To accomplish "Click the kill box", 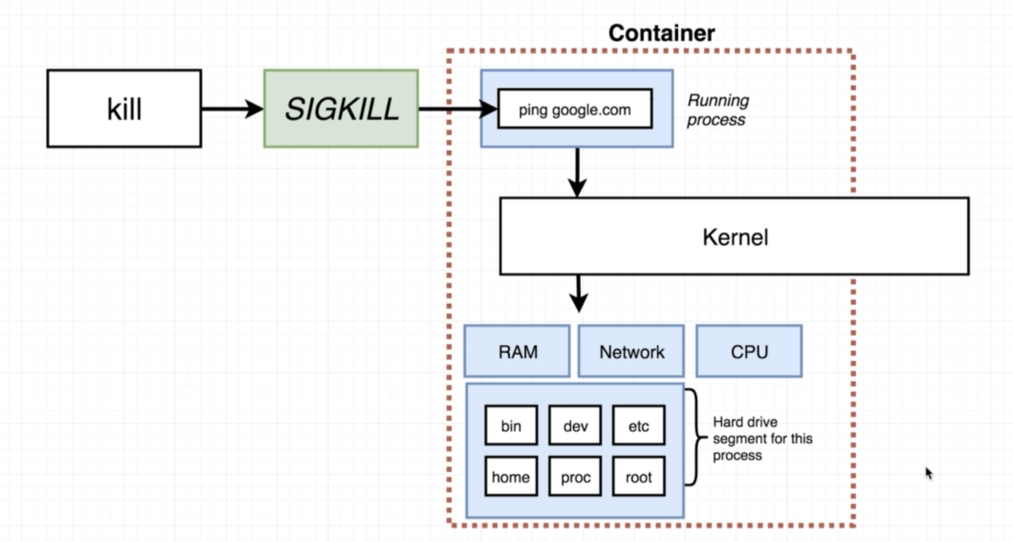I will (124, 109).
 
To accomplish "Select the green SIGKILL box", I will (341, 109).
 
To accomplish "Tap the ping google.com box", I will (575, 109).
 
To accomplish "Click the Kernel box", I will (734, 236).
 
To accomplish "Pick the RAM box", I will (517, 351).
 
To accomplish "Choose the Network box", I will (631, 351).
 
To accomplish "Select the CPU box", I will (749, 351).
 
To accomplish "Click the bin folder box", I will (511, 425).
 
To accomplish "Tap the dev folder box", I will (575, 425).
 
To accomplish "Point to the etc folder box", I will (638, 425).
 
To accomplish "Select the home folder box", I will (511, 476).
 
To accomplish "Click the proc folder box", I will (575, 476).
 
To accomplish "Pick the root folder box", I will (638, 476).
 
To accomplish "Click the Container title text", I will (661, 33).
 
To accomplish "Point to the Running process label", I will (718, 110).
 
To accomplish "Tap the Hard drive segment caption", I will (762, 439).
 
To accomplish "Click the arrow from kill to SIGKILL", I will (232, 109).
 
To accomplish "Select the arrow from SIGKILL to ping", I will (457, 109).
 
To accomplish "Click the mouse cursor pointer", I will (928, 473).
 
